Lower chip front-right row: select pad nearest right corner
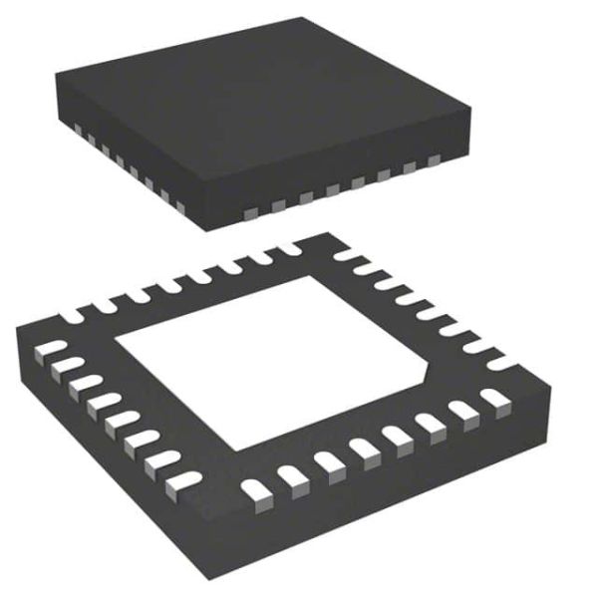[494, 398]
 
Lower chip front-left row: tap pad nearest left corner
[48, 349]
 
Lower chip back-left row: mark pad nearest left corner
[75, 317]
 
